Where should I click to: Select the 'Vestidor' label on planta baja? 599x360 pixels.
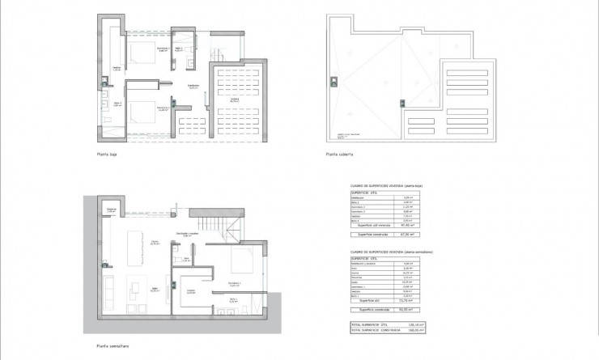(x=117, y=68)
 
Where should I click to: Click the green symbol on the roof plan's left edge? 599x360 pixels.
(x=332, y=78)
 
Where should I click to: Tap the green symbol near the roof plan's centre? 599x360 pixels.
(x=398, y=100)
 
